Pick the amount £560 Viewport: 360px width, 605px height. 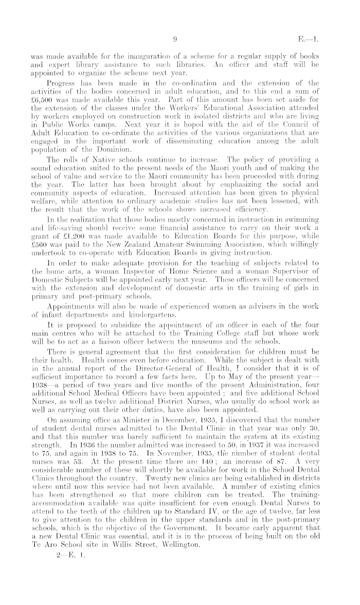40,239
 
